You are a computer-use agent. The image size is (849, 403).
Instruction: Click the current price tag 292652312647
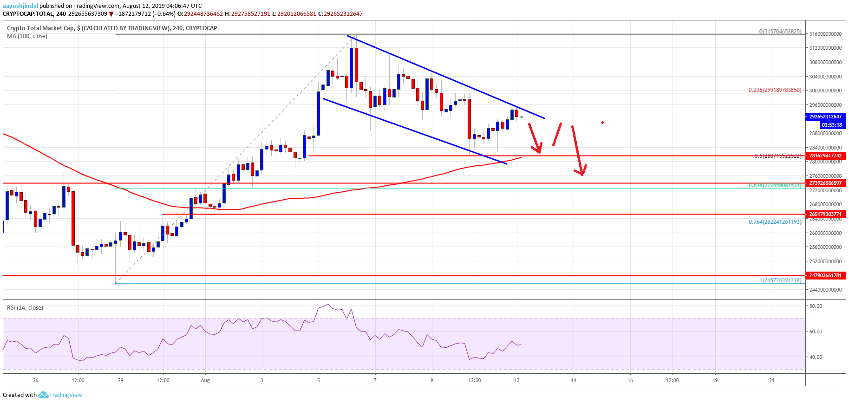(825, 117)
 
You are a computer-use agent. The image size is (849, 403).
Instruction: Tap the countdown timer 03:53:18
(831, 125)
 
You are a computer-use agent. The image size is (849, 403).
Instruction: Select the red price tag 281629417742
(825, 156)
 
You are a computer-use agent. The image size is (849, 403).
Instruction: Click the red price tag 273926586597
(825, 183)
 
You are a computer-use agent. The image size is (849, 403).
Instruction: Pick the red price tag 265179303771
(825, 214)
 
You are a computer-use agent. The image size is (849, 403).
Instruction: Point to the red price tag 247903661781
(825, 275)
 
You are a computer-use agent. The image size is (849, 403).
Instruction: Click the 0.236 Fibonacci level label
(774, 90)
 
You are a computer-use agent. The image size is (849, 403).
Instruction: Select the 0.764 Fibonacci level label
(774, 222)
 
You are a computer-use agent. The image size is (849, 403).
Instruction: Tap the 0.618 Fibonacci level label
(774, 185)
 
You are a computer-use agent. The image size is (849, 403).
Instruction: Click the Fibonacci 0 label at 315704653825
(780, 32)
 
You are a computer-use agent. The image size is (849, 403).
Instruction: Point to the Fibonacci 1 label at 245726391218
(780, 280)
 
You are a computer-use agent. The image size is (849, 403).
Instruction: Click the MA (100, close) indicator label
(27, 36)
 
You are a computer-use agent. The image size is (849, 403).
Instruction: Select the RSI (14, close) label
(25, 307)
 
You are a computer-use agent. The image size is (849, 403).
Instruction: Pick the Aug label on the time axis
(205, 380)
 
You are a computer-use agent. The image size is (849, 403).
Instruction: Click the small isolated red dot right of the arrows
(602, 123)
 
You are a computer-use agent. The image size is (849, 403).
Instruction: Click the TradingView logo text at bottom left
(65, 395)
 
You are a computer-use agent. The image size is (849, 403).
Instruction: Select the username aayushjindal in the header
(20, 6)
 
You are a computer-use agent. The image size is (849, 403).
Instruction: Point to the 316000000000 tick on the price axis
(825, 34)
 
